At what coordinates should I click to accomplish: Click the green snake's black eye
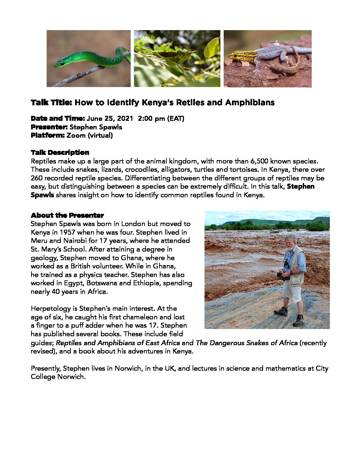coord(62,64)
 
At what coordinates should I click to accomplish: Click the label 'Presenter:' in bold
coord(49,127)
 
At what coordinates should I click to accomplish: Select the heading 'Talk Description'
coord(60,153)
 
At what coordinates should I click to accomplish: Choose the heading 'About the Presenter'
coord(67,215)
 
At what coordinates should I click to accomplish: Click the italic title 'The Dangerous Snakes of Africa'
coord(247,343)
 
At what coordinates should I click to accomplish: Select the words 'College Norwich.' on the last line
coord(58,377)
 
